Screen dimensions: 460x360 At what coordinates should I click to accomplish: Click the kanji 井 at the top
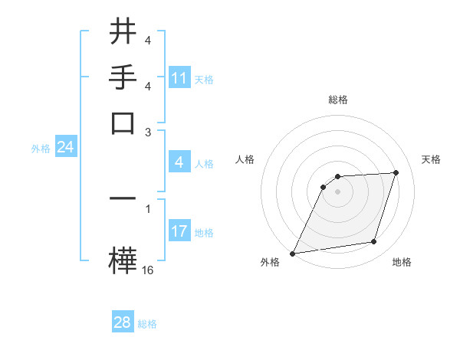123,31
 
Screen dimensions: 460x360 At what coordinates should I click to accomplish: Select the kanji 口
123,123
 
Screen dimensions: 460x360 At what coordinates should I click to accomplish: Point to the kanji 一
123,198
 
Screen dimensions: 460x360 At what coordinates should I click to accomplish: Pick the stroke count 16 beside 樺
148,270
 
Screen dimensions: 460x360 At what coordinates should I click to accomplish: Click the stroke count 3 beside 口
148,132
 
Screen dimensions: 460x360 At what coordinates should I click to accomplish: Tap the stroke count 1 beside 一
148,207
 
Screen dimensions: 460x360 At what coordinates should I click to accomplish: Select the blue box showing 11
179,78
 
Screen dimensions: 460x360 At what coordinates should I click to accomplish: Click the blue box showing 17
179,231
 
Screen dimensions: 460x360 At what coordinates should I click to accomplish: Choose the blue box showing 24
65,147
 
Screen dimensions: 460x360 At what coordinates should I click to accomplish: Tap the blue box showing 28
122,322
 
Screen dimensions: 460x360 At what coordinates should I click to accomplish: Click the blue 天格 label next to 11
204,79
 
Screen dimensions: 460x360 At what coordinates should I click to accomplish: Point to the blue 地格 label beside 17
204,232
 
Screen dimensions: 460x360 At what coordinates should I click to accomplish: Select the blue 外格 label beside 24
41,149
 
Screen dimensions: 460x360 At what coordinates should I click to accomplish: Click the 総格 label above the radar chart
337,100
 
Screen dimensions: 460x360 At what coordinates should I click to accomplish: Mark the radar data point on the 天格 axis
396,173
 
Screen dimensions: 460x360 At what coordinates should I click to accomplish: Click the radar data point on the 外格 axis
292,254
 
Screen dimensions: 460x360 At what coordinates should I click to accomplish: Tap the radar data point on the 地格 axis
373,242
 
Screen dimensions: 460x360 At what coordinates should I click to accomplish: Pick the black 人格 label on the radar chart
245,159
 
